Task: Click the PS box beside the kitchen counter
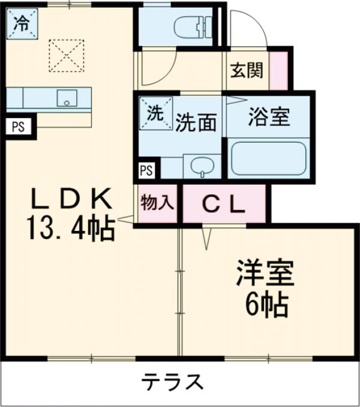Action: click(x=18, y=126)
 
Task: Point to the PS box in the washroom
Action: click(x=146, y=170)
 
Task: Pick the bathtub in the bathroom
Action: click(x=269, y=158)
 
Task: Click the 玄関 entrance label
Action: click(x=247, y=70)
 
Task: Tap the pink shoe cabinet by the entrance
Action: click(x=278, y=70)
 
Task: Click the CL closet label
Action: click(x=223, y=204)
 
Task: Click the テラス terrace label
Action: click(x=172, y=382)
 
